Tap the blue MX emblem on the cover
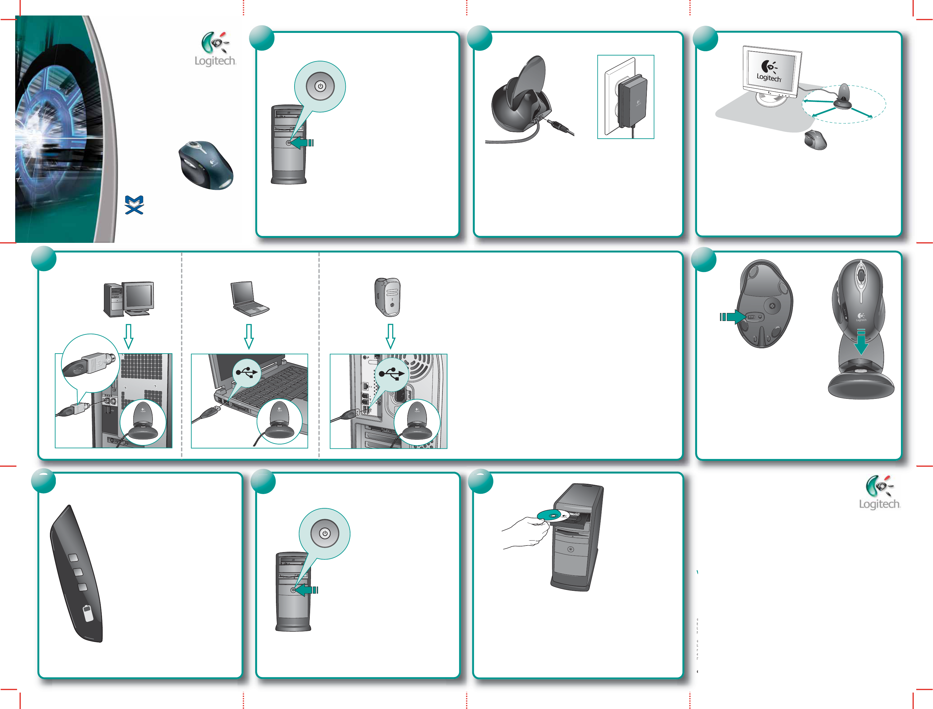(134, 205)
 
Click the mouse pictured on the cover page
(206, 165)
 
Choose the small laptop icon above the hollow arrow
(249, 299)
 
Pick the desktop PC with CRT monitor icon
(129, 299)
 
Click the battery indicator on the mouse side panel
(88, 613)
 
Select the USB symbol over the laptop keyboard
(247, 372)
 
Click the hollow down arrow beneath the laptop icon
(249, 336)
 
